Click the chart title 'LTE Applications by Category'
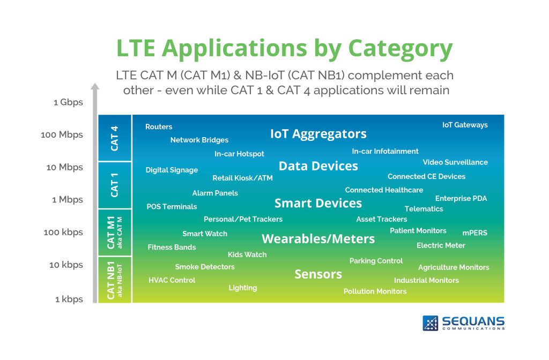coord(285,48)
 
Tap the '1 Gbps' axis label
coord(68,102)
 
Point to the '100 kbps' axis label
coord(63,232)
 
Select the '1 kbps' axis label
coord(69,299)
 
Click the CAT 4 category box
coord(115,138)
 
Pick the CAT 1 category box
coord(115,185)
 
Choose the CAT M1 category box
coord(115,232)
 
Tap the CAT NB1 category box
coord(115,280)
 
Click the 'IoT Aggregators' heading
coord(318,133)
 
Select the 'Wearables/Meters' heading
coord(318,238)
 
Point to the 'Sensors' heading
coord(318,274)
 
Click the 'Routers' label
coord(159,127)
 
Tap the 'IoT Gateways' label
coord(465,125)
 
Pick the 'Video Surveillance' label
coord(455,162)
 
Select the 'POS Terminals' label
coord(172,207)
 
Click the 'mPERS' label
coord(474,233)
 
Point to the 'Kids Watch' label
coord(247,254)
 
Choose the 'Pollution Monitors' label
coord(375,291)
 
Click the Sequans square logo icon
coord(431,323)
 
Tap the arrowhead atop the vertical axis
coord(95,87)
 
